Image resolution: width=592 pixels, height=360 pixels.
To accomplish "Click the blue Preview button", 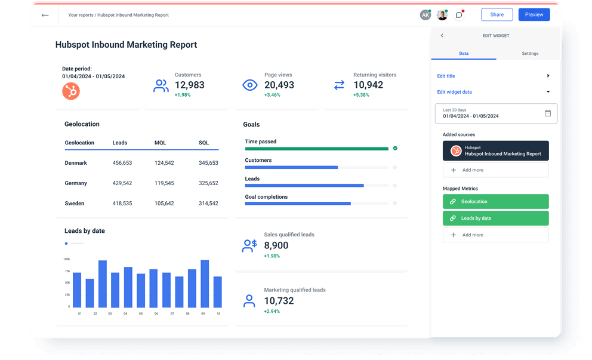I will pyautogui.click(x=534, y=15).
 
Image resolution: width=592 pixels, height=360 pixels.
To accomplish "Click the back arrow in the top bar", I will pyautogui.click(x=45, y=15).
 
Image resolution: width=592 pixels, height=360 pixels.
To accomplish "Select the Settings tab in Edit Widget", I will pyautogui.click(x=529, y=54).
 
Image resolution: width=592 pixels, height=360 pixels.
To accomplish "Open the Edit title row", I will pyautogui.click(x=493, y=76).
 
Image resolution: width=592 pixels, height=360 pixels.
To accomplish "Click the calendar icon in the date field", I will pyautogui.click(x=547, y=113).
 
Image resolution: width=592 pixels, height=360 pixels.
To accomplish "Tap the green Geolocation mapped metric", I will pyautogui.click(x=495, y=202).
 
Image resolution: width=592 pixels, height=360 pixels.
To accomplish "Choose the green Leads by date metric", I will pyautogui.click(x=495, y=219).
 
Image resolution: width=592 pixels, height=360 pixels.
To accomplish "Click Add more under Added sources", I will pyautogui.click(x=495, y=170).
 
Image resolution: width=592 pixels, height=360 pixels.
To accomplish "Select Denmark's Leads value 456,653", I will pyautogui.click(x=122, y=163).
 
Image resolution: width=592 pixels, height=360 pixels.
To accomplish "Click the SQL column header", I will pyautogui.click(x=203, y=143).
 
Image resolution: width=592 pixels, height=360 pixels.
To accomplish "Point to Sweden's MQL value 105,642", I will pyautogui.click(x=164, y=204).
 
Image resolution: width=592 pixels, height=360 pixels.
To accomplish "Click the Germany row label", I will pyautogui.click(x=76, y=183).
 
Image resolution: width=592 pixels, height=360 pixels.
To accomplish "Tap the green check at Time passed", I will pyautogui.click(x=395, y=148).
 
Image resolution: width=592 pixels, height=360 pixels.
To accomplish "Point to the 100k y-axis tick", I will pyautogui.click(x=66, y=259).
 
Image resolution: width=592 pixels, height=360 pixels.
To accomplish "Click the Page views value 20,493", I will pyautogui.click(x=279, y=85).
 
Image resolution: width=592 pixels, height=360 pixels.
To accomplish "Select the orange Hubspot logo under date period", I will pyautogui.click(x=71, y=91).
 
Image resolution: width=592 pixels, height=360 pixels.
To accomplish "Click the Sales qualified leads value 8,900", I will pyautogui.click(x=276, y=245).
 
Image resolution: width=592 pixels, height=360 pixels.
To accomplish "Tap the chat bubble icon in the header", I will pyautogui.click(x=459, y=15).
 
